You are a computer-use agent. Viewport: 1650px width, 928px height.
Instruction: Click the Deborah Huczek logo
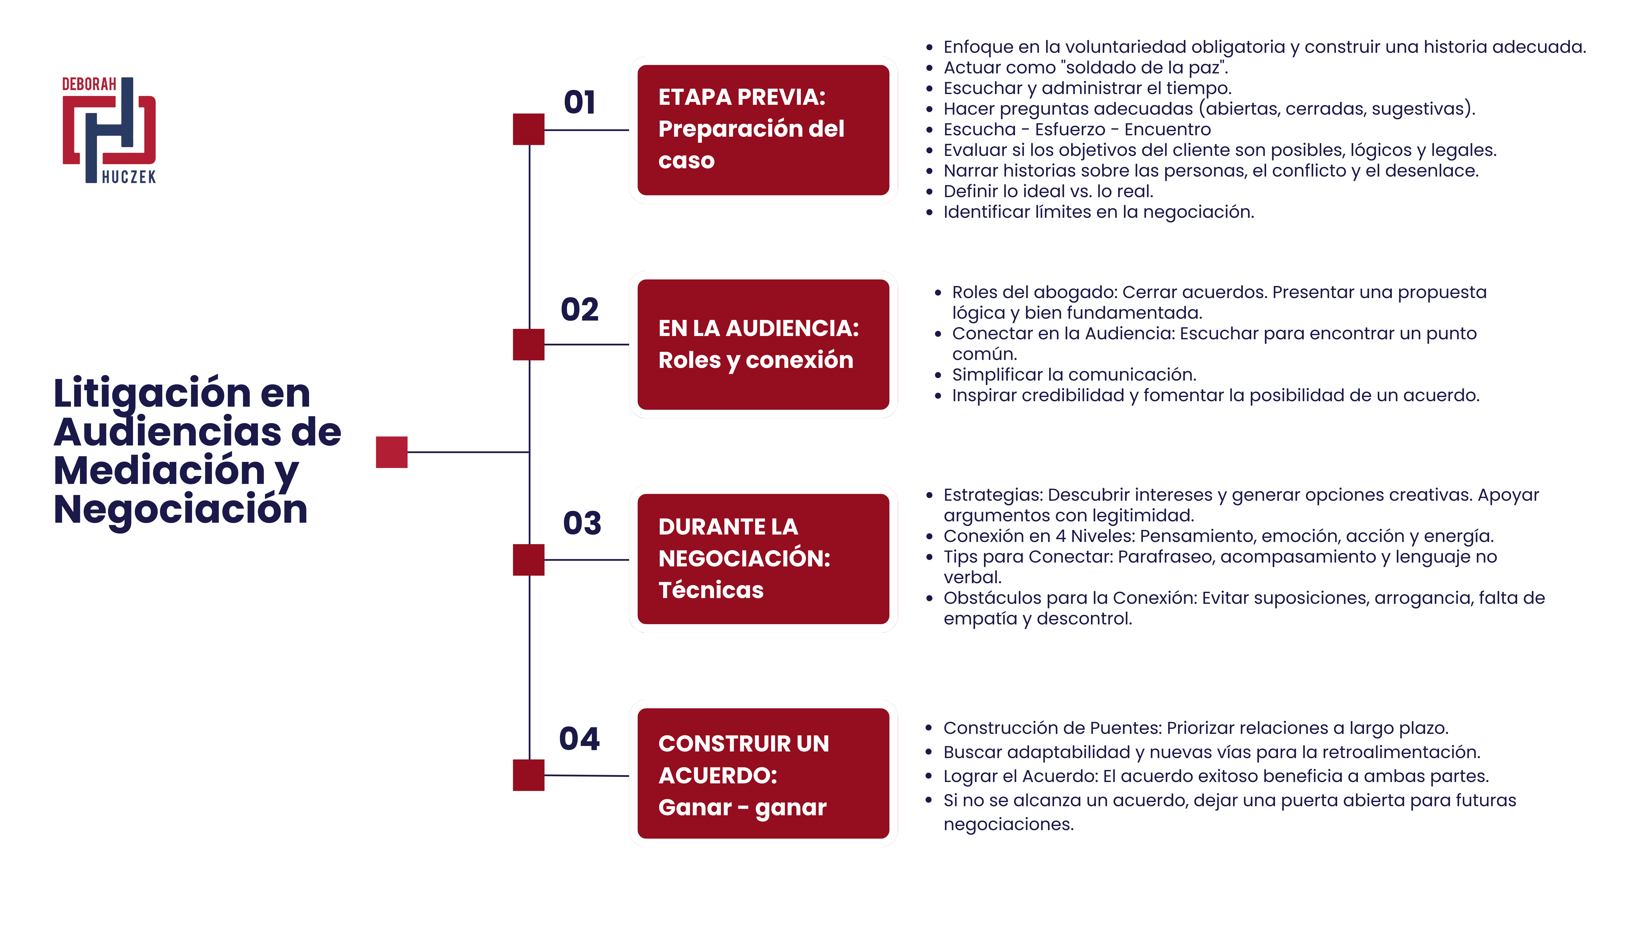tap(109, 130)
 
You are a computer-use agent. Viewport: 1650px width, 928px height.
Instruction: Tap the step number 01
tap(580, 103)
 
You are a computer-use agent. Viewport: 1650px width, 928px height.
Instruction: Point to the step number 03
tap(582, 523)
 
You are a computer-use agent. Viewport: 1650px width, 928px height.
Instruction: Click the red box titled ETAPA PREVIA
tap(763, 130)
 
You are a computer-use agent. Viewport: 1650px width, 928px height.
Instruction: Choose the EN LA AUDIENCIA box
tap(763, 345)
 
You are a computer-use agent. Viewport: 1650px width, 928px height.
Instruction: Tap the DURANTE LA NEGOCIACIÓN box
tap(763, 559)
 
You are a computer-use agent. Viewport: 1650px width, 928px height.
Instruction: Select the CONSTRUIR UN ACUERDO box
tap(763, 774)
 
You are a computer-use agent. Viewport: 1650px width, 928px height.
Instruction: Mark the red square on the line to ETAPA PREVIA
tap(529, 129)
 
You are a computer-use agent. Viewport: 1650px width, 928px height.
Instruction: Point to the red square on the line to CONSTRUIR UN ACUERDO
tap(529, 775)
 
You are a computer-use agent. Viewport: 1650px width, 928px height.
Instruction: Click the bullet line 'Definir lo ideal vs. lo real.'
tap(1048, 191)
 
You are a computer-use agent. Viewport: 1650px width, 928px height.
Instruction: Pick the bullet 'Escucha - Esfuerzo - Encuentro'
tap(1077, 129)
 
